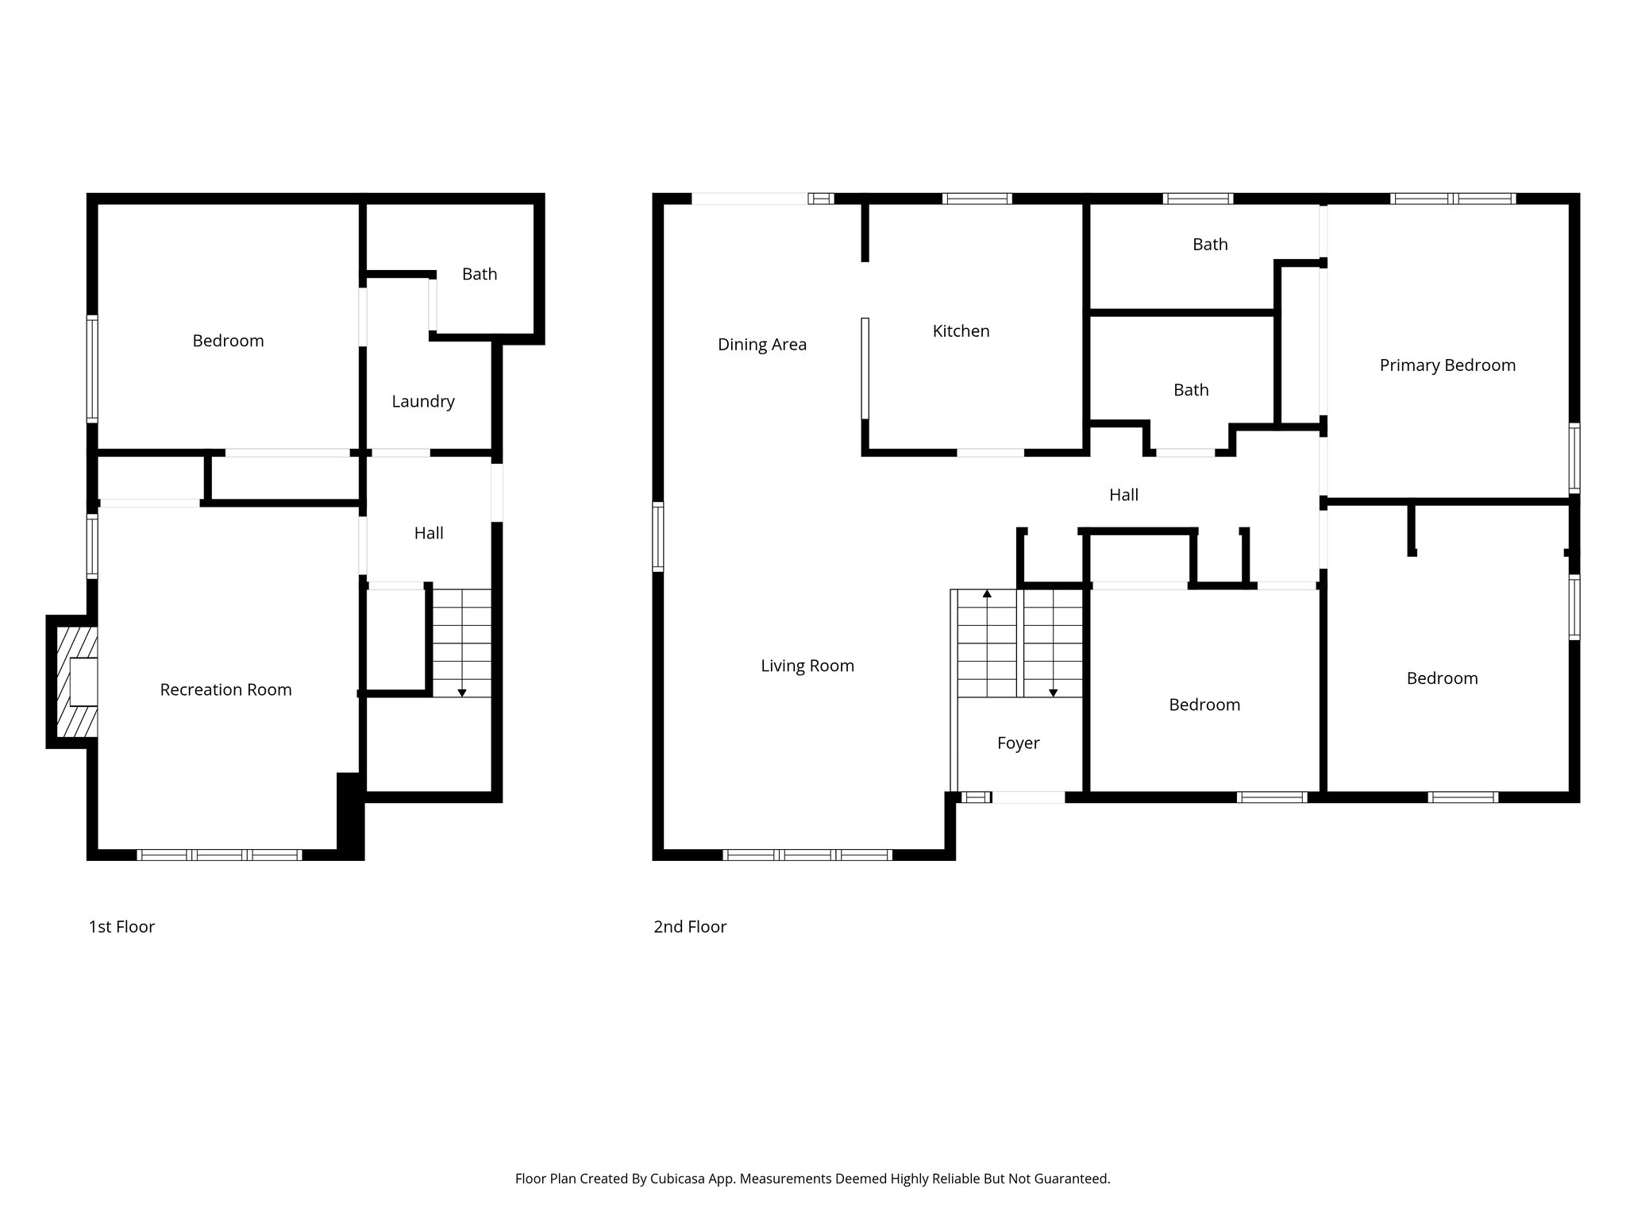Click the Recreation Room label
(x=225, y=689)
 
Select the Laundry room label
(x=422, y=401)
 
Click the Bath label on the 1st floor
(x=480, y=274)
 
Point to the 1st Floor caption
(x=121, y=926)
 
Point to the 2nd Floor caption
(x=689, y=926)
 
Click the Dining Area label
(x=761, y=344)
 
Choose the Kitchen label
(x=961, y=330)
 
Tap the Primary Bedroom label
(x=1447, y=365)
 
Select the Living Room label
(x=807, y=666)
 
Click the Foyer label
(x=1018, y=743)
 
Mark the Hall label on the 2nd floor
(x=1123, y=495)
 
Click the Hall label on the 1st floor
(x=428, y=533)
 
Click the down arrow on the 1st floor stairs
(x=462, y=693)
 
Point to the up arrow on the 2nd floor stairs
(x=987, y=593)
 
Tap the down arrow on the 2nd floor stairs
(x=1053, y=693)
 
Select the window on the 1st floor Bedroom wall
(x=92, y=368)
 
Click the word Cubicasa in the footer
(x=680, y=1179)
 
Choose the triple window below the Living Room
(x=807, y=855)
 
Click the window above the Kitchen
(x=977, y=199)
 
